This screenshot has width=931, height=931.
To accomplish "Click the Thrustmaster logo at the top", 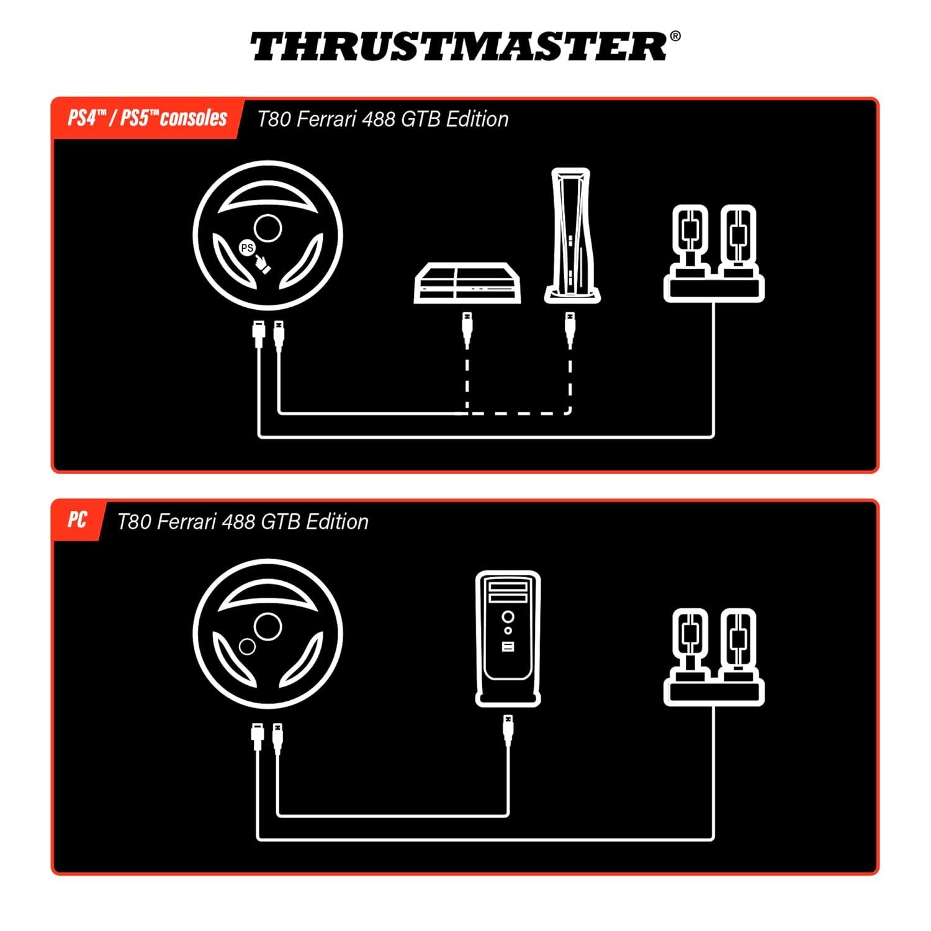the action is [459, 47].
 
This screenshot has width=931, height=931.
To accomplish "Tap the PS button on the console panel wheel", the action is [247, 248].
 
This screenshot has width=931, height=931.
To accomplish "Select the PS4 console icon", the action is [467, 283].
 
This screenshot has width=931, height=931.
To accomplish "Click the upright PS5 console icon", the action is [572, 235].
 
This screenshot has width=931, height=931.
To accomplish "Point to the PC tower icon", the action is [508, 639].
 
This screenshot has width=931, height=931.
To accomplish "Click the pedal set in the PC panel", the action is [714, 657].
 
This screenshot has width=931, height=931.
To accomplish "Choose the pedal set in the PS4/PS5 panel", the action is [714, 253].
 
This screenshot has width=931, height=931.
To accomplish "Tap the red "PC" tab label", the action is [78, 520].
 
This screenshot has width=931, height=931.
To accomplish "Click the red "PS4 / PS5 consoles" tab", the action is [148, 118].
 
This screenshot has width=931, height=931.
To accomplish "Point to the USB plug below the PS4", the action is [467, 329].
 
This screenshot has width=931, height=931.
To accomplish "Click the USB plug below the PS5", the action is [570, 329].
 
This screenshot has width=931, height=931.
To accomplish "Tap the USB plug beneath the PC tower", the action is [508, 731].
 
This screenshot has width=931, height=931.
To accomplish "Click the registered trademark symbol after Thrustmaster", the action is [675, 37].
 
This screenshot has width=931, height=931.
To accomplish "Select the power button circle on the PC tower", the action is [508, 617].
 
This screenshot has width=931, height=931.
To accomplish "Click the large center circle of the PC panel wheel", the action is [268, 626].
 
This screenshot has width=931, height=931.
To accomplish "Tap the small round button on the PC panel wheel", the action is [247, 647].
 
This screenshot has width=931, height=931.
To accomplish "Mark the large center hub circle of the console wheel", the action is [268, 228].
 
